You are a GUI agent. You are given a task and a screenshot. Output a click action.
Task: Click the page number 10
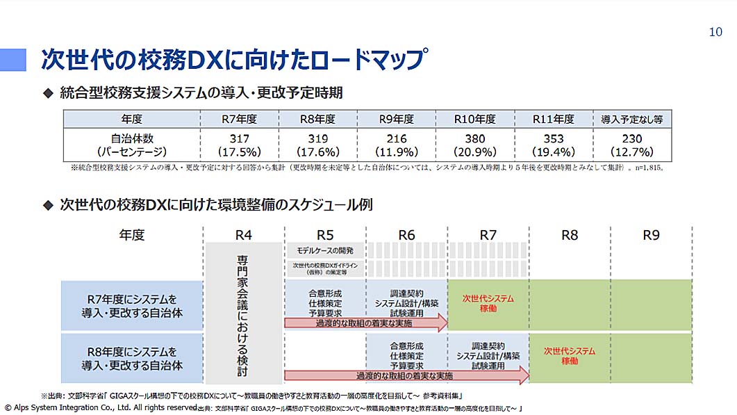click(x=715, y=31)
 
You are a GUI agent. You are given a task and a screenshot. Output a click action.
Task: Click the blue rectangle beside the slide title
click(x=13, y=60)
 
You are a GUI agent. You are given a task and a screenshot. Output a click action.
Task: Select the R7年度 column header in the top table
click(x=239, y=119)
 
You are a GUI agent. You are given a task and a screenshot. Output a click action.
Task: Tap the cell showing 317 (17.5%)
click(x=239, y=145)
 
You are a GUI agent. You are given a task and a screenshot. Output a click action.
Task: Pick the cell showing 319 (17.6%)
click(x=317, y=145)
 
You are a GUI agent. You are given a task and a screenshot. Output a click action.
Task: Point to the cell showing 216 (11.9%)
click(x=396, y=145)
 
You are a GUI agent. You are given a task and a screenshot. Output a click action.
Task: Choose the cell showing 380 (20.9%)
click(x=474, y=145)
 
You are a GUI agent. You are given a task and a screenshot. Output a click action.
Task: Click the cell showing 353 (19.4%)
click(x=554, y=145)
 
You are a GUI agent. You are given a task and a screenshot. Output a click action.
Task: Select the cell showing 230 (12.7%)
click(x=632, y=145)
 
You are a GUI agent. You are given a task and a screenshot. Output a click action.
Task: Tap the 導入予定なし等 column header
click(x=632, y=119)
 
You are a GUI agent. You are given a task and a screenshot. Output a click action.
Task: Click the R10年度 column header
click(x=474, y=119)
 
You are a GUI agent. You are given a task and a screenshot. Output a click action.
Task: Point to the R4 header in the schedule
click(x=244, y=235)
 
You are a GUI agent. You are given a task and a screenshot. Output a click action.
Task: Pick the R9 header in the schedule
click(x=651, y=235)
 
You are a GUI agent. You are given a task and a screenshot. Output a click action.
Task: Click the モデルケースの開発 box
click(x=325, y=250)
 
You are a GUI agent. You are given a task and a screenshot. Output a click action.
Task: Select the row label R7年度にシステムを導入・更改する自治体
click(x=132, y=305)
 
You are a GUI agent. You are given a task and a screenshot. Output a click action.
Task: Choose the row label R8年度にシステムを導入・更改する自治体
click(x=132, y=358)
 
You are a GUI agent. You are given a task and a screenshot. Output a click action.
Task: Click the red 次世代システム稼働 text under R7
click(x=488, y=303)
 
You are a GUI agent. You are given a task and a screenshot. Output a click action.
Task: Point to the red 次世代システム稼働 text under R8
click(x=569, y=356)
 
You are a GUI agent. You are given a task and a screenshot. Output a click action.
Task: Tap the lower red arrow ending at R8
click(x=406, y=376)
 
